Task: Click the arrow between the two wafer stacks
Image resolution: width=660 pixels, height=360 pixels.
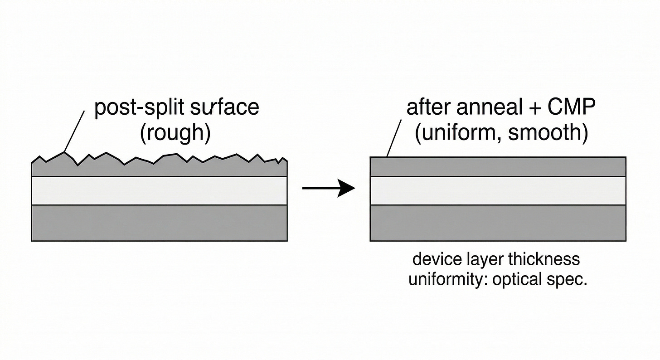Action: pos(328,188)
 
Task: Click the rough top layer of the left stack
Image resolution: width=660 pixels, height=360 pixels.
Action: pos(159,169)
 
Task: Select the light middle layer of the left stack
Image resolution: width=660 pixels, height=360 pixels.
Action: pos(159,190)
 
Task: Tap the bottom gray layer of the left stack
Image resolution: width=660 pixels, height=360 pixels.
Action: pos(159,223)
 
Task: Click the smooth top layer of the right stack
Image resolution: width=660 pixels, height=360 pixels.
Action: pos(498,167)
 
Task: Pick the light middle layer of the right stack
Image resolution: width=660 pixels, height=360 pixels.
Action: pos(498,190)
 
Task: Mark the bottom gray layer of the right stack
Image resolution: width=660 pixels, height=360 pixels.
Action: pos(498,223)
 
